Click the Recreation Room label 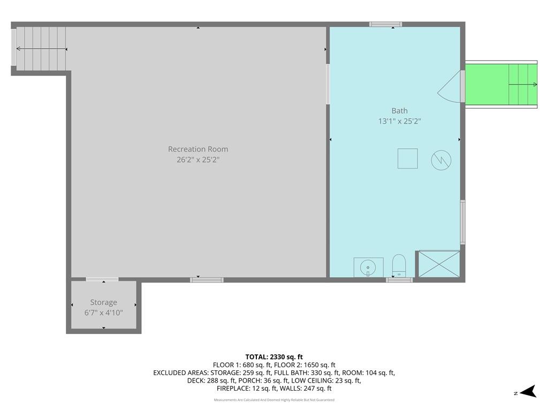pyautogui.click(x=198, y=149)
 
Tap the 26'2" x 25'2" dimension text pyautogui.click(x=198, y=159)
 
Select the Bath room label pyautogui.click(x=399, y=111)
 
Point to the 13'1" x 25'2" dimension pyautogui.click(x=399, y=121)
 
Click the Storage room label pyautogui.click(x=103, y=302)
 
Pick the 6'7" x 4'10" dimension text pyautogui.click(x=103, y=312)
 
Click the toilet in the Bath pyautogui.click(x=399, y=265)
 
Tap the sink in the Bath pyautogui.click(x=368, y=267)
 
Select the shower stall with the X pyautogui.click(x=439, y=264)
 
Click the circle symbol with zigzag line pyautogui.click(x=441, y=159)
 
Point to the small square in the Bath pyautogui.click(x=407, y=158)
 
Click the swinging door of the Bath pyautogui.click(x=451, y=87)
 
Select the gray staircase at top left pyautogui.click(x=41, y=49)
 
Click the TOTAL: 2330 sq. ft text pyautogui.click(x=274, y=357)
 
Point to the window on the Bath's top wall pyautogui.click(x=385, y=24)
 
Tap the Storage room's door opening pyautogui.click(x=102, y=279)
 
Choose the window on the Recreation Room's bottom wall pyautogui.click(x=207, y=279)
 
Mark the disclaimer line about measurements pyautogui.click(x=274, y=400)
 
